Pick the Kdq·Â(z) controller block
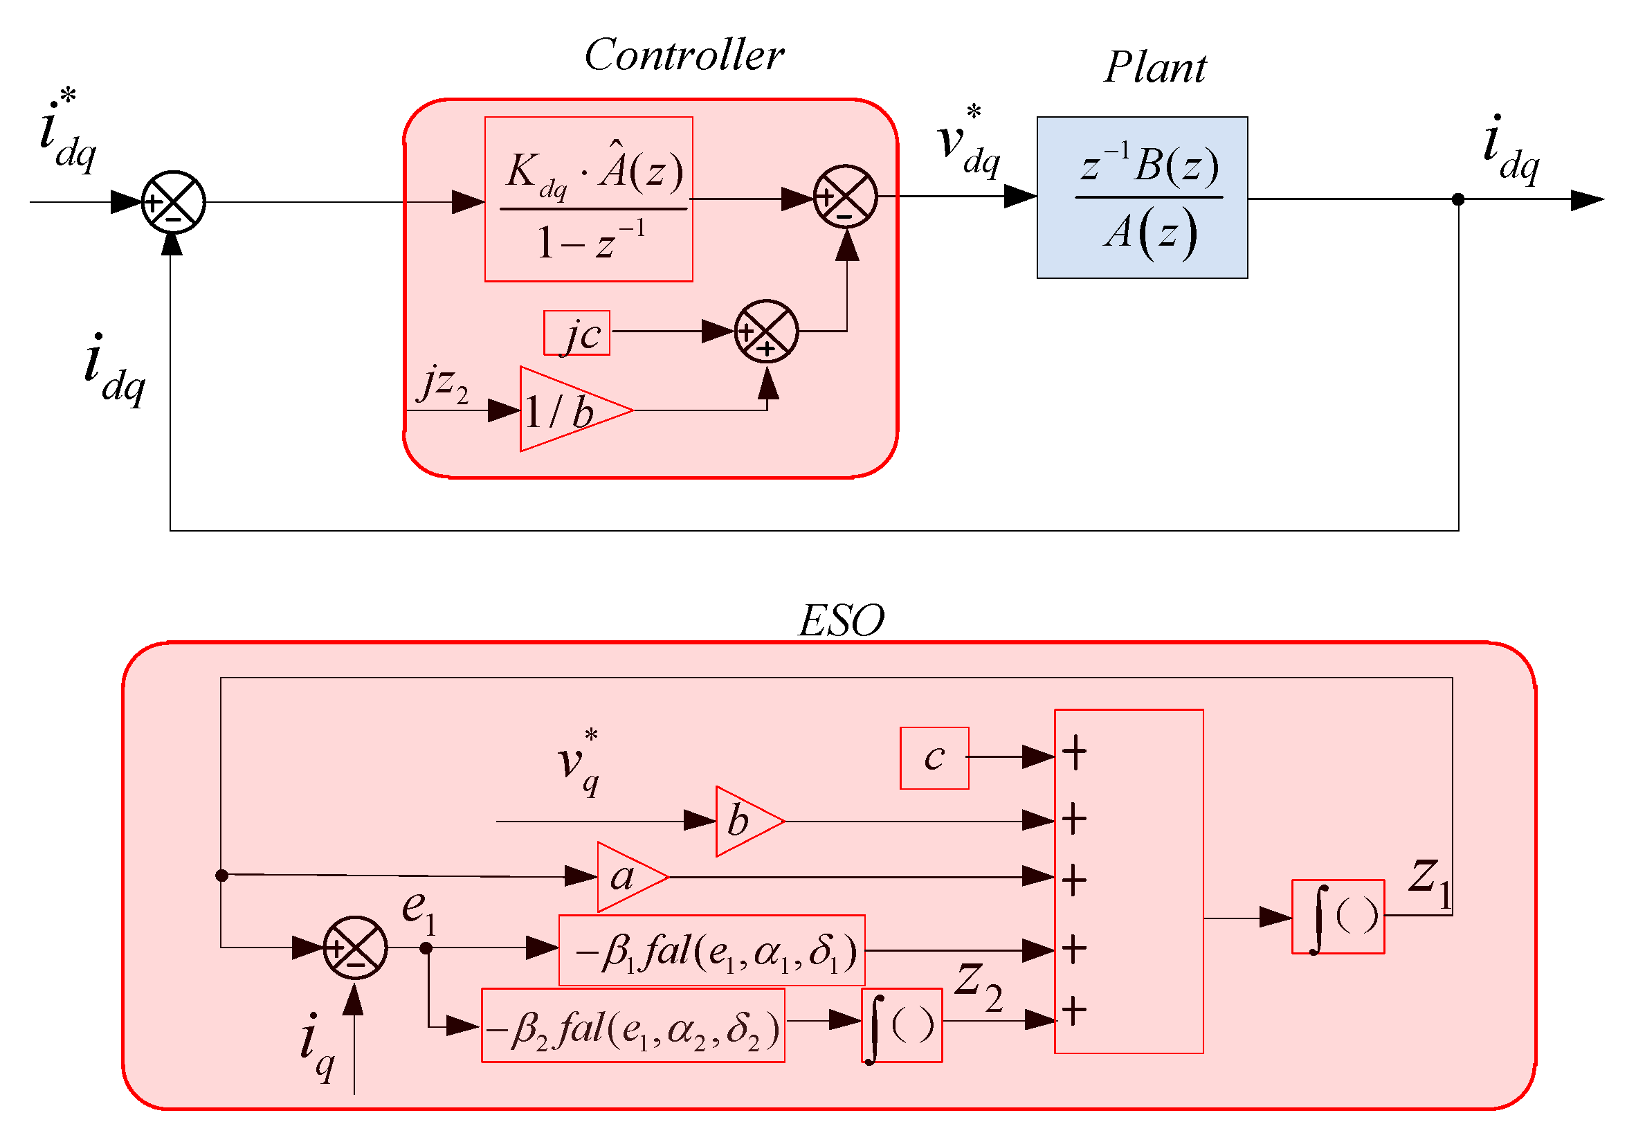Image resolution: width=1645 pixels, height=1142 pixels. tap(588, 199)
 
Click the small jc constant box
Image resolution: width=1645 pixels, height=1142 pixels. tap(576, 333)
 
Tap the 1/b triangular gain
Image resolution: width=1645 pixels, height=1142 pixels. tap(575, 409)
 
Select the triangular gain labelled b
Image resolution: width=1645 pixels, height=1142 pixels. tap(749, 821)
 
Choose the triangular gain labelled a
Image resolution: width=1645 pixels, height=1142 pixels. tap(632, 876)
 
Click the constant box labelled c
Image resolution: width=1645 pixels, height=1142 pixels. tap(934, 759)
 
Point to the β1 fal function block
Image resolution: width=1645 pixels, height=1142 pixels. tap(711, 950)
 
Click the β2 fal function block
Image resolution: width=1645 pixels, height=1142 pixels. tap(633, 1025)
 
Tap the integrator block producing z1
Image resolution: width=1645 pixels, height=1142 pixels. tap(1337, 916)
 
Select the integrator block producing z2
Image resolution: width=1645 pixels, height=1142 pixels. tap(901, 1025)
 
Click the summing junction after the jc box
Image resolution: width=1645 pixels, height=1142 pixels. tap(765, 332)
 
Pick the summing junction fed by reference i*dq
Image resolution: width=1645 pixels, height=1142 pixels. tap(173, 203)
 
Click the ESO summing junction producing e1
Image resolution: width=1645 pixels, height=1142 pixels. tap(355, 948)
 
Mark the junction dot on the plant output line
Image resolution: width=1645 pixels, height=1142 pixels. tap(1457, 199)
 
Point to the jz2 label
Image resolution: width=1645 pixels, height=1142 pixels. tap(443, 384)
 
